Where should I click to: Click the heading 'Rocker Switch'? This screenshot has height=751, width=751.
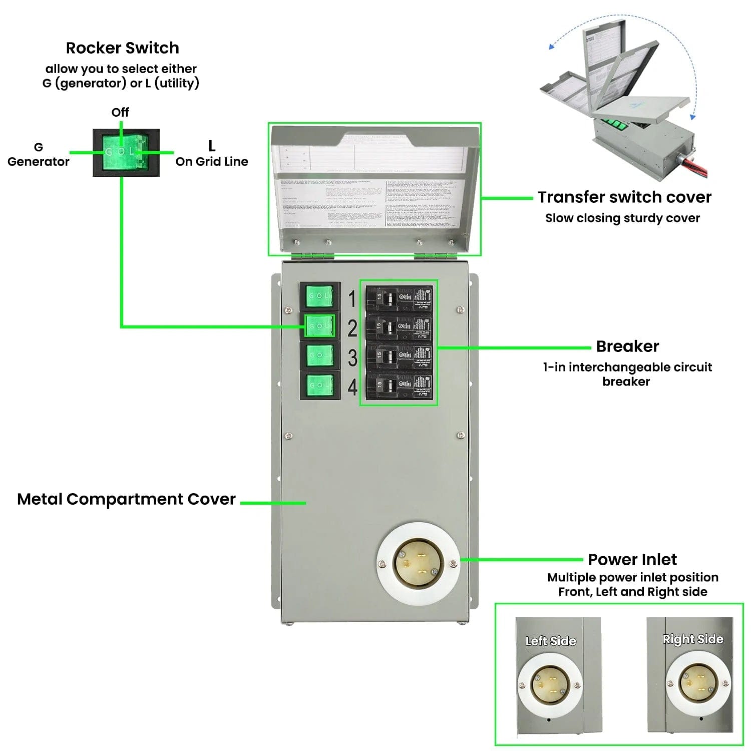tap(122, 48)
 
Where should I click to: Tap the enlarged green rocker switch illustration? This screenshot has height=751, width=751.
tap(126, 152)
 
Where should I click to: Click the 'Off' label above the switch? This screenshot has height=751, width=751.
tap(120, 112)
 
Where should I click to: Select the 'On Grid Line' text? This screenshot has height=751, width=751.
tap(211, 162)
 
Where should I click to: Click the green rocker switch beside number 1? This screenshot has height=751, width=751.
tap(319, 296)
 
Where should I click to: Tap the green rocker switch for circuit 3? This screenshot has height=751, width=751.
tap(319, 355)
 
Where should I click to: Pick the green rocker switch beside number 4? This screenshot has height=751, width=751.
tap(319, 385)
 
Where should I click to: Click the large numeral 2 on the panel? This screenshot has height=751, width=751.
tap(352, 328)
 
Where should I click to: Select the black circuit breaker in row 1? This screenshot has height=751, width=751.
tap(399, 298)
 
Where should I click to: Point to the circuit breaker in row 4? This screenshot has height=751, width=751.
tap(399, 385)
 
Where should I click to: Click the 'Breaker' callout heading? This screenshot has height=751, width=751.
tap(627, 346)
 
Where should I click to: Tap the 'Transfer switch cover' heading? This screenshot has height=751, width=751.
tap(624, 197)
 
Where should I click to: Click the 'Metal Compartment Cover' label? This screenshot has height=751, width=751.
tap(126, 499)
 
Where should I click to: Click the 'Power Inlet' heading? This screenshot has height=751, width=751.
tap(632, 559)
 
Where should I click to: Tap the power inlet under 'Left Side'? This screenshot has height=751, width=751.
tap(549, 684)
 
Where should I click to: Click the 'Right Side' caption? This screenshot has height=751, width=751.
tap(692, 639)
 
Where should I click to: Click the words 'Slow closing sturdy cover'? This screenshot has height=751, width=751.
tap(622, 218)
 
